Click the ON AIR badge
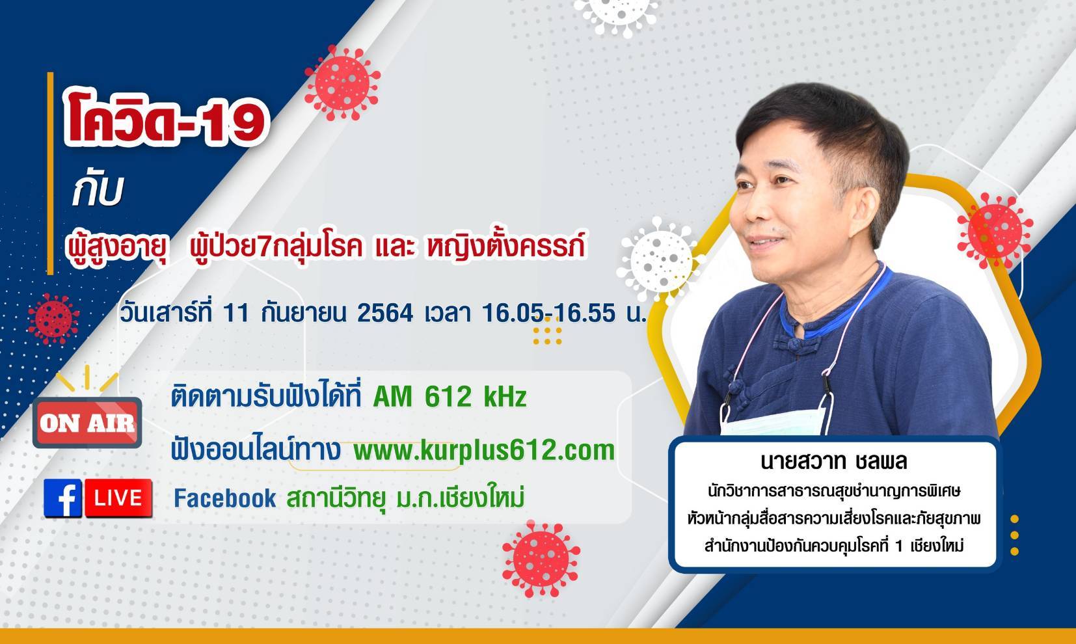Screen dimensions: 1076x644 coord(87,423)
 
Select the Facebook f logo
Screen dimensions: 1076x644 coord(62,498)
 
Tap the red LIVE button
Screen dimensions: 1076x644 coord(118,498)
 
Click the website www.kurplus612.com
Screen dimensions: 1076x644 coord(484,451)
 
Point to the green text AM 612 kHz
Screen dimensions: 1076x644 coord(450,397)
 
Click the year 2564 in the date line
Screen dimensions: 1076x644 coord(385,314)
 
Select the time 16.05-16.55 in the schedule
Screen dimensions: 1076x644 coord(548,314)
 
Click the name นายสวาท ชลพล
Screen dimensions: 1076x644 coord(833,461)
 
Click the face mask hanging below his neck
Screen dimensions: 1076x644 coord(772,422)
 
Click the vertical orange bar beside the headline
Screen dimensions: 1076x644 coord(50,174)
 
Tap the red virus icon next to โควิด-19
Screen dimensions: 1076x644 coord(342,83)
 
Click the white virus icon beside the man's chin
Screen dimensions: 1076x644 coord(660,260)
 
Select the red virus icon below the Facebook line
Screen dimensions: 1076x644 coord(541,559)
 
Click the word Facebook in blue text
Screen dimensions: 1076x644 coord(225,498)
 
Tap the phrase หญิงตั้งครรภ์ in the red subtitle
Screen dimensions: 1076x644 coord(505,247)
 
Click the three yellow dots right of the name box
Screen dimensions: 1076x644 coord(1014,535)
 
